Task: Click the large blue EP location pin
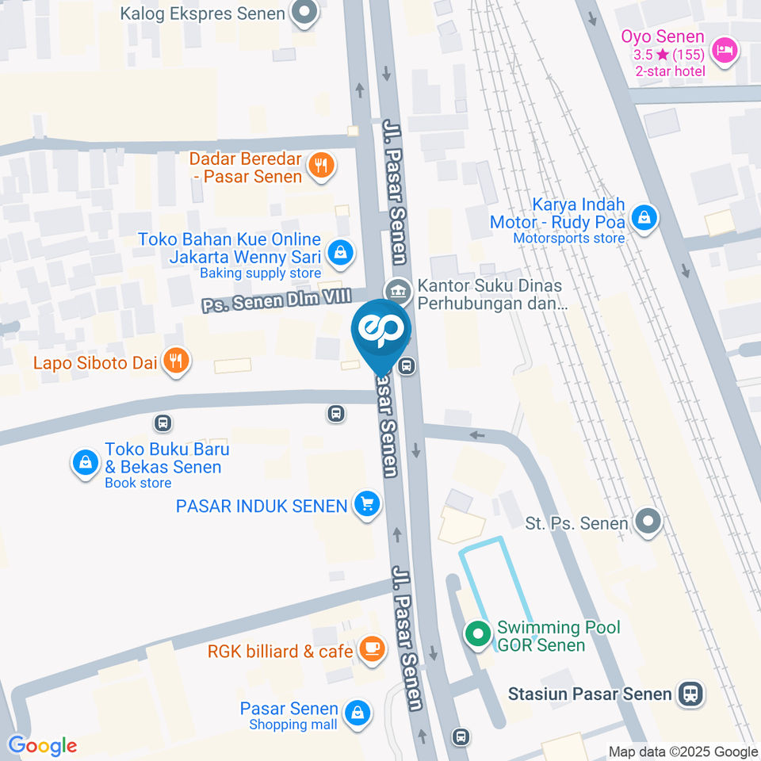[x=381, y=331]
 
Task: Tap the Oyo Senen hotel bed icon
[x=725, y=52]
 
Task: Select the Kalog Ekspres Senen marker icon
[x=304, y=13]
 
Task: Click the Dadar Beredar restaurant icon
[x=321, y=166]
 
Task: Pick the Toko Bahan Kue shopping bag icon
[x=340, y=253]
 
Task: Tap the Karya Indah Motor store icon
[x=645, y=216]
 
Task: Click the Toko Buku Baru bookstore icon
[x=84, y=461]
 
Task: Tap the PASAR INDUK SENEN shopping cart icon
[x=366, y=503]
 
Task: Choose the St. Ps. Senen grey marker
[x=648, y=522]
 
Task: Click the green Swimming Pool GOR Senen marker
[x=477, y=634]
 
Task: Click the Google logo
[x=42, y=746]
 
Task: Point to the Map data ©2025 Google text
[x=683, y=751]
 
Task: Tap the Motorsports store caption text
[x=568, y=238]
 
